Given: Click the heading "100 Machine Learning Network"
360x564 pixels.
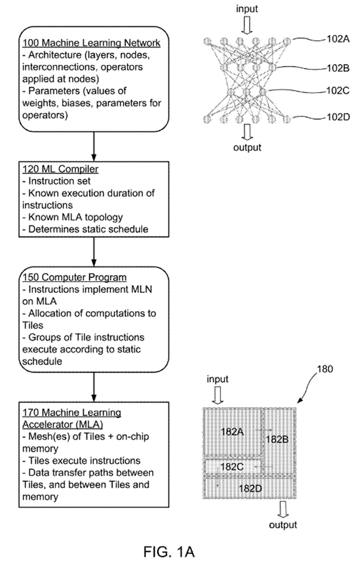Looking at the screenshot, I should point(91,43).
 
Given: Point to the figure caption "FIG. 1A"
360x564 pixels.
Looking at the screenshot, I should point(169,552).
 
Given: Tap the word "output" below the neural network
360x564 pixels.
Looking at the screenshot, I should point(247,147).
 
